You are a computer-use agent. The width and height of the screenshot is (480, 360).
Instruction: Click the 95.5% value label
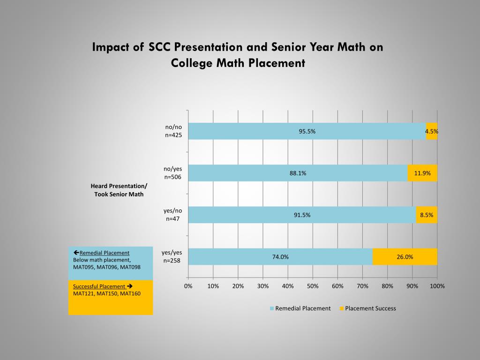pos(307,131)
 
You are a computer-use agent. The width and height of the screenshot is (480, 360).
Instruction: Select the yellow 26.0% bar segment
pos(405,256)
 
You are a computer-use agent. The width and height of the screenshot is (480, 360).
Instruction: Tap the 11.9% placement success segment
pos(422,173)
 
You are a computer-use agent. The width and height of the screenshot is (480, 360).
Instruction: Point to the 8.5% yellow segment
pos(426,215)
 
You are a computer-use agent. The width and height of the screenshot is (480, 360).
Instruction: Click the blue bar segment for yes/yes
pos(280,256)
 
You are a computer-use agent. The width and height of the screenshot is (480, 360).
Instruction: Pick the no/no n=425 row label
pos(173,131)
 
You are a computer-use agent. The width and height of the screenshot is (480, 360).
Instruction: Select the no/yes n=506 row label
pos(173,173)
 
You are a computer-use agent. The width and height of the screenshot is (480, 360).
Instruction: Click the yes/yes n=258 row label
pos(172,256)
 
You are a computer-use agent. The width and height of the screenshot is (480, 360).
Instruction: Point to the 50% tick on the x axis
pos(313,286)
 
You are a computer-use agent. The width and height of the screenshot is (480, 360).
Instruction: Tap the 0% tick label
pos(188,286)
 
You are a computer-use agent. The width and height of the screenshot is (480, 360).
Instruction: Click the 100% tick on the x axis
pos(437,286)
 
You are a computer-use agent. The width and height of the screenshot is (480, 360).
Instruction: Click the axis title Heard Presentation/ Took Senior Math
pos(119,190)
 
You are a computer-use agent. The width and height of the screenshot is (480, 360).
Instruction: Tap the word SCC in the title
pos(160,47)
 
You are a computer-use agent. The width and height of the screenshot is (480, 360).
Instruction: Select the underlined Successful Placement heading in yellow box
pos(99,286)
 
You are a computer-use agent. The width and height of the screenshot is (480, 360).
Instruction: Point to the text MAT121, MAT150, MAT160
pos(107,293)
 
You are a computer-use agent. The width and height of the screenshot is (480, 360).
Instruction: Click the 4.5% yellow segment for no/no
pos(432,131)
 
